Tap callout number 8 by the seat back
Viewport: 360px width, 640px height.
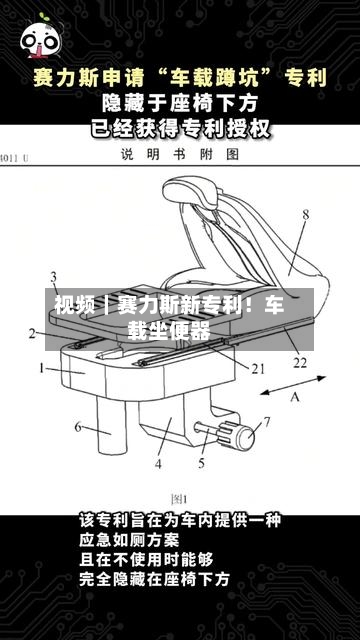point(305,214)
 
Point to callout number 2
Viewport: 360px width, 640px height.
point(33,333)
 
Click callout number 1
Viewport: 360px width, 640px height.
point(43,368)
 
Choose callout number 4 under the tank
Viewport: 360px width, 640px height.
point(159,464)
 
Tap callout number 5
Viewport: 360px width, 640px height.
point(203,464)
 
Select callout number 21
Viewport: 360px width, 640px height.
point(258,368)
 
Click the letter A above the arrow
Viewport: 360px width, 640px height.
point(295,397)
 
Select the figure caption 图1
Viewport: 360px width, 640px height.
point(179,497)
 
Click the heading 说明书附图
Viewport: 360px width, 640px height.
point(180,155)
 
